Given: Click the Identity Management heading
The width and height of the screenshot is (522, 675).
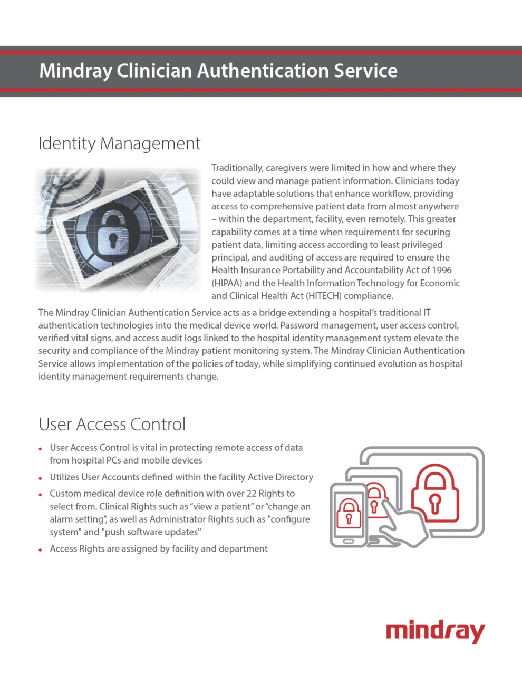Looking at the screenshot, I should [119, 143].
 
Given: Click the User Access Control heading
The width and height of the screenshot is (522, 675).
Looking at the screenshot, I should [112, 425].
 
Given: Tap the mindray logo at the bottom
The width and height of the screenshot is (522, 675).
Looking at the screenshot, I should [435, 632].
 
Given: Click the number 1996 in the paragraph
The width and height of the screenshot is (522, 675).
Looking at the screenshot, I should [441, 270].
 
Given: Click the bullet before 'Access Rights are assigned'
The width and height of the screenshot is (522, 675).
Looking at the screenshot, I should [40, 549].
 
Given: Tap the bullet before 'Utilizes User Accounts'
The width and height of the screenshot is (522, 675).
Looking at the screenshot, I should [40, 478].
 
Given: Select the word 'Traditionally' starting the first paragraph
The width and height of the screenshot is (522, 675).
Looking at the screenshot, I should [236, 168].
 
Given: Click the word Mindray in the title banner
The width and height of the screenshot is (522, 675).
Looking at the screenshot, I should [74, 71].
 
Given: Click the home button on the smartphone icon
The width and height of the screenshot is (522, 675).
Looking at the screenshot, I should [348, 541].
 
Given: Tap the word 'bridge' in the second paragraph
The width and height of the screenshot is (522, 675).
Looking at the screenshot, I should [270, 313].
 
